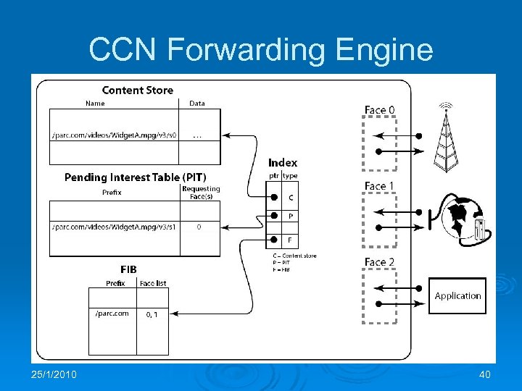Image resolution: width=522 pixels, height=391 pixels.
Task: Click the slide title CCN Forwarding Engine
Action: pos(261,50)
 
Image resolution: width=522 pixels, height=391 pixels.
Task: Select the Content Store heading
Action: pos(138,90)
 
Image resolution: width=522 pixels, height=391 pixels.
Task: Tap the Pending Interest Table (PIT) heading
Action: pos(135,177)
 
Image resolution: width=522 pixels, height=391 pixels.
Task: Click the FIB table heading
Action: pos(129,268)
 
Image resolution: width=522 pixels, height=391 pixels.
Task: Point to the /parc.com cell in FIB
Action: pos(112,314)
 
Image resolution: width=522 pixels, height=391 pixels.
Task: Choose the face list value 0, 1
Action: pos(152,314)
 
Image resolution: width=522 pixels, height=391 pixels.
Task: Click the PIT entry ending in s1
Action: pos(114,227)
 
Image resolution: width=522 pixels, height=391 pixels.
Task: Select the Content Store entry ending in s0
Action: pos(114,135)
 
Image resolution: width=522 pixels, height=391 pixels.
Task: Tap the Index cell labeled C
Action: pos(291,197)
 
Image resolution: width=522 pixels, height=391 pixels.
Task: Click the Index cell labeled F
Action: pos(291,240)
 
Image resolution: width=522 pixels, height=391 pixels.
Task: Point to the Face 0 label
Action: pos(379,110)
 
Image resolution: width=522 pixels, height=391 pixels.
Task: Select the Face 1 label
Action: pos(379,186)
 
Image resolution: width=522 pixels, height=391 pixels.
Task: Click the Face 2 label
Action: pos(379,262)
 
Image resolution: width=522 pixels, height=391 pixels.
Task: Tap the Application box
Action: pos(457,295)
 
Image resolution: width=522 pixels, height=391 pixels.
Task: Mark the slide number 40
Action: pos(484,374)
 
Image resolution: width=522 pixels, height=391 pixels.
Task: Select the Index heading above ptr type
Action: pos(283,163)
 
